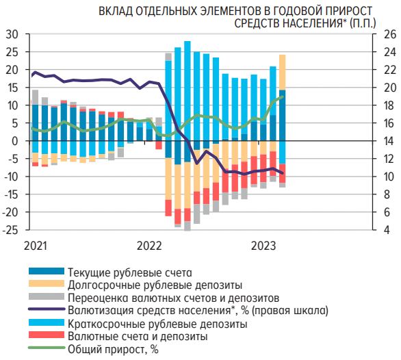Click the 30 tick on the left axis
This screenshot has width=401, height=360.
coord(12,34)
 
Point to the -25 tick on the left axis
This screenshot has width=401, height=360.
coord(10,231)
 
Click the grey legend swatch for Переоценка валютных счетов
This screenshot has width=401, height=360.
coord(47,298)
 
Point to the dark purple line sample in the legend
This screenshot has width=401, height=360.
coord(47,310)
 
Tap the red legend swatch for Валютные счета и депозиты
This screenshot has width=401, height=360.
coord(47,337)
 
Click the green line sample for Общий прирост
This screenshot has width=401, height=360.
coord(47,350)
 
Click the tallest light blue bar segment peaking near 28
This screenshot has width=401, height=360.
coord(187,96)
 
